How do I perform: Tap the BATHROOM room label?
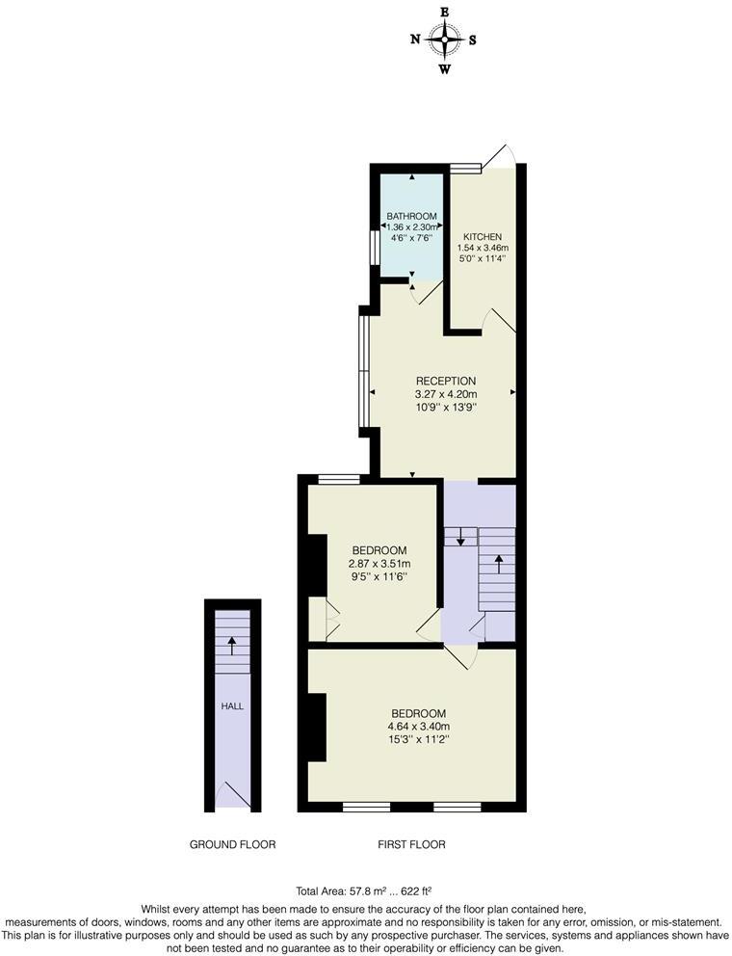411,216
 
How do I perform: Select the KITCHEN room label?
482,237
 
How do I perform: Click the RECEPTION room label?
445,381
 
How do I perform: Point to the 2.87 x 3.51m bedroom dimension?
379,564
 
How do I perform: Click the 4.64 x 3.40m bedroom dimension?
419,727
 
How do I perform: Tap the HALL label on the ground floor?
232,706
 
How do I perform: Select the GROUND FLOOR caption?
232,844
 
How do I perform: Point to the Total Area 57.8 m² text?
369,891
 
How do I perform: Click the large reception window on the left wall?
363,371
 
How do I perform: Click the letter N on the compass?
415,40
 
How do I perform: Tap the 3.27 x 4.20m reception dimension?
445,394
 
